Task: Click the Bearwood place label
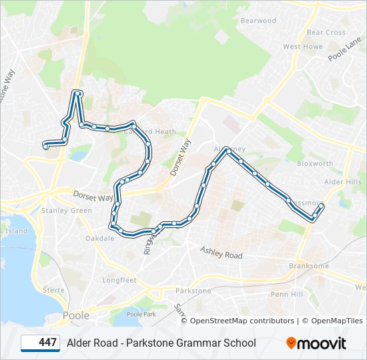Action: (x=258, y=21)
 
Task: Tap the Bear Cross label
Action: (x=326, y=32)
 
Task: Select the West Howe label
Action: (x=302, y=47)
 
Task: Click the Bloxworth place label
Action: (x=315, y=163)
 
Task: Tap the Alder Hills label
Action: (x=342, y=181)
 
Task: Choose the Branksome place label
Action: (x=309, y=265)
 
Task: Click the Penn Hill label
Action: (x=287, y=294)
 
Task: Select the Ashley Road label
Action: (x=222, y=252)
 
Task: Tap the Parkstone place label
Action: (x=193, y=291)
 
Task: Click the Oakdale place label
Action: (x=99, y=238)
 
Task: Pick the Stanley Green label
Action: (x=67, y=211)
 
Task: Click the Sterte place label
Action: (x=53, y=290)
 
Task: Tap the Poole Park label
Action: (x=140, y=314)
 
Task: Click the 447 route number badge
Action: (x=41, y=343)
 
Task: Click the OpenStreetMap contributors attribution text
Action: (x=242, y=321)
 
